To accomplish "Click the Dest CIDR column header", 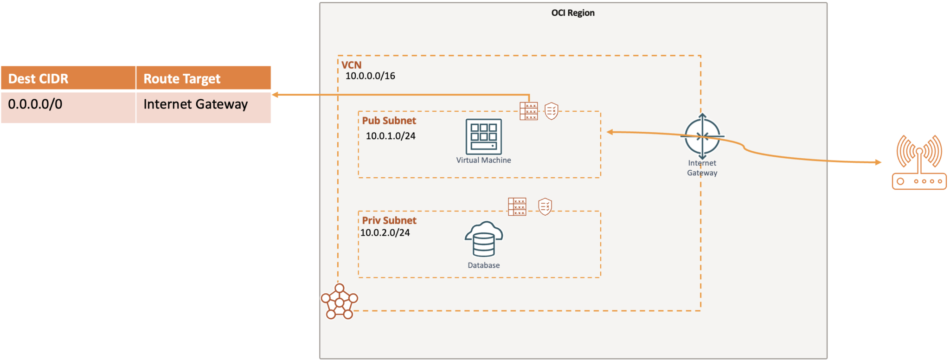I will [39, 79].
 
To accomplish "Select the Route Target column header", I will [182, 79].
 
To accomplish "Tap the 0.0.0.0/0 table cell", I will [35, 104].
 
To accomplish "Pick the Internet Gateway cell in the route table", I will [195, 104].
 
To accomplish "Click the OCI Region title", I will [572, 13].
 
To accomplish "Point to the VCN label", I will [351, 65].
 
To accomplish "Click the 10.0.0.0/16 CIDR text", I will [370, 76].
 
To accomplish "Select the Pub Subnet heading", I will [389, 121].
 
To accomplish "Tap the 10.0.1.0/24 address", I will [391, 136].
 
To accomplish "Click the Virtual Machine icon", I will [483, 136].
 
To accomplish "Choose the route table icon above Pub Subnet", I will [528, 111].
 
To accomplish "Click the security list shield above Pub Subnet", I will [551, 111].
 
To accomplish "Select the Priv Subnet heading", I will [389, 220].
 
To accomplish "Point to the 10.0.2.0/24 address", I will [385, 233].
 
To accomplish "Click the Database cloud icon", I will [483, 239].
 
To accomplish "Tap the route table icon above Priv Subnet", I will [517, 207].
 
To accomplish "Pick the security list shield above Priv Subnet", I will [545, 207].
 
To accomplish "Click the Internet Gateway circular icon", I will [702, 136].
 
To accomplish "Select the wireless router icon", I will [919, 162].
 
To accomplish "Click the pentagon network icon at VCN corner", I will [339, 302].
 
